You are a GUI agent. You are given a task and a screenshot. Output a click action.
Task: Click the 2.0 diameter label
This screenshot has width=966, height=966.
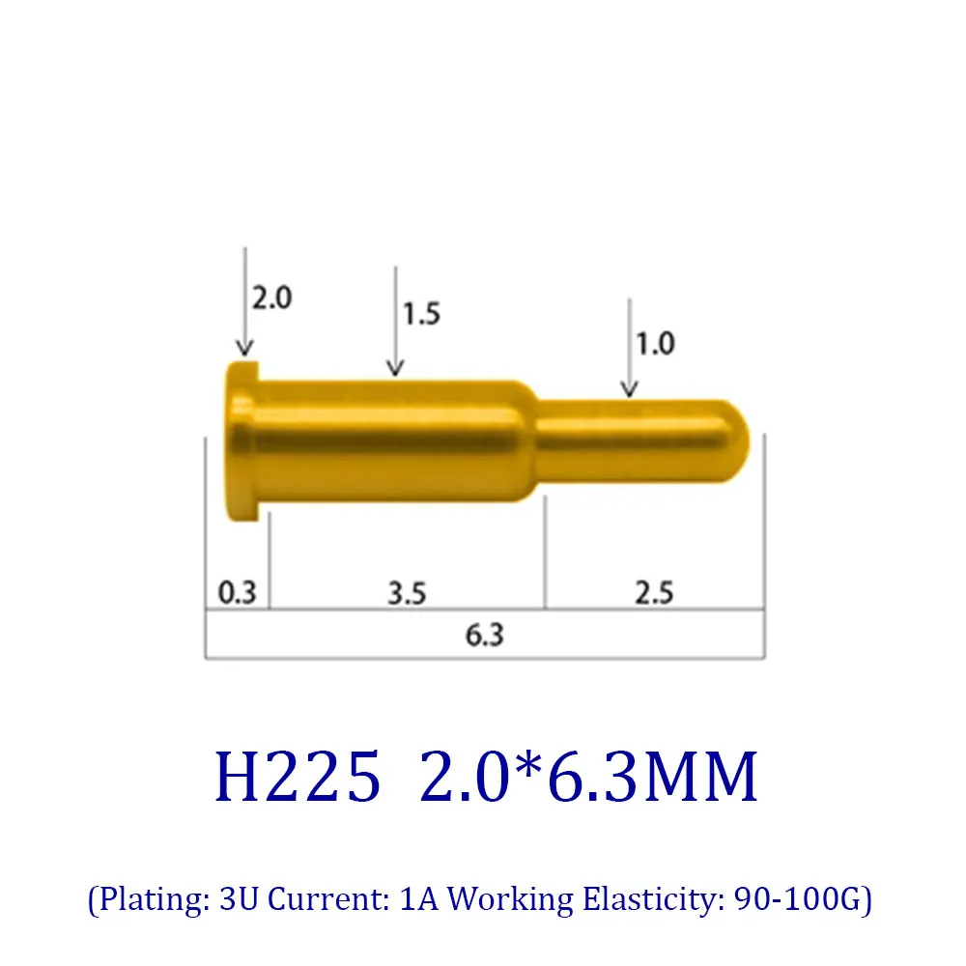pos(271,298)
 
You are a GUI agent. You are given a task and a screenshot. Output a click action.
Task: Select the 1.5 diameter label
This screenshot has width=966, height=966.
pos(420,313)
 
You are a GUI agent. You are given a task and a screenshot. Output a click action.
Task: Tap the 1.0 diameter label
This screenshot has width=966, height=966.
pos(654,344)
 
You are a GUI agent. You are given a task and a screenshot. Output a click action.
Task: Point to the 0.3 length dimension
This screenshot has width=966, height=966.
pos(237,592)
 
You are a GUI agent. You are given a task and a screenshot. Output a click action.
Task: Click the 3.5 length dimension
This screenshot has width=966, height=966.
pos(407,592)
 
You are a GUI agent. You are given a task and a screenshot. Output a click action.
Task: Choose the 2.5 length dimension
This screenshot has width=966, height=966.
pos(653,592)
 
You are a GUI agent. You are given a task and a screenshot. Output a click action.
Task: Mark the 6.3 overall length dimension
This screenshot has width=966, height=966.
pos(484,636)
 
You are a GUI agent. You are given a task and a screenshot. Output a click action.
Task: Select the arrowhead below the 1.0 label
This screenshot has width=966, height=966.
pos(629,388)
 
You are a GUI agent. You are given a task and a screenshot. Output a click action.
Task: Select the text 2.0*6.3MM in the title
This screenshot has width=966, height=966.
pos(588,779)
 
